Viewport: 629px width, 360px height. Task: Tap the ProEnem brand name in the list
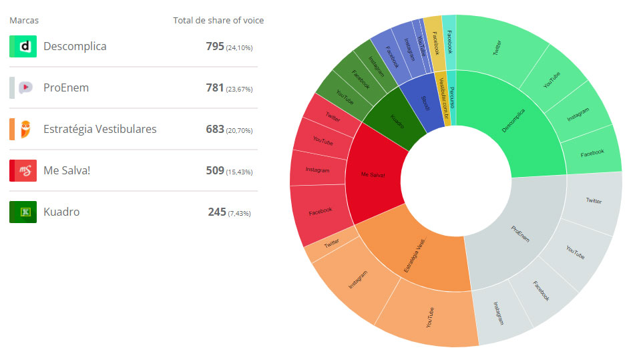pyautogui.click(x=65, y=88)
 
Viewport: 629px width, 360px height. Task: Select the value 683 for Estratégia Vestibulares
pyautogui.click(x=215, y=129)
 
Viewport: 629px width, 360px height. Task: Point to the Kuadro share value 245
pyautogui.click(x=217, y=212)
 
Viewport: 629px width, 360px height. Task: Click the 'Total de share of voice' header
pyautogui.click(x=218, y=21)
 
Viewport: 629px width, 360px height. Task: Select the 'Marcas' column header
pyautogui.click(x=24, y=21)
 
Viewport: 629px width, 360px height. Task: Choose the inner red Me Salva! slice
pyautogui.click(x=374, y=175)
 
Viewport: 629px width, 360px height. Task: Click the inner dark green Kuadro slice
pyautogui.click(x=398, y=121)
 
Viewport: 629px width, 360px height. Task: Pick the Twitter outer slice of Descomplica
pyautogui.click(x=497, y=47)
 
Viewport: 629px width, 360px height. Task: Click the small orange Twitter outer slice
pyautogui.click(x=331, y=244)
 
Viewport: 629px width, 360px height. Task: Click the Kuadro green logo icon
pyautogui.click(x=23, y=212)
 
